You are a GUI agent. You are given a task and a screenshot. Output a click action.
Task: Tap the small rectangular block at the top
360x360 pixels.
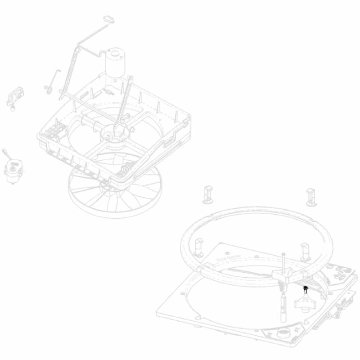pyautogui.click(x=109, y=19)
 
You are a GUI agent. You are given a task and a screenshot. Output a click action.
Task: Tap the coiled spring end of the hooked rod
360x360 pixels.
pyautogui.click(x=48, y=88)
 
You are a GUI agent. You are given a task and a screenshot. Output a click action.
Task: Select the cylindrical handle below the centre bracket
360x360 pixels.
pyautogui.click(x=282, y=306)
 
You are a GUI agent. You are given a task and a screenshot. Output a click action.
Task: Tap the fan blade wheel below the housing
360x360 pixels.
pyautogui.click(x=112, y=189)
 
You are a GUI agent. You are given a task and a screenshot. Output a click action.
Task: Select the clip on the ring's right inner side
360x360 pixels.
pyautogui.click(x=306, y=250)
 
